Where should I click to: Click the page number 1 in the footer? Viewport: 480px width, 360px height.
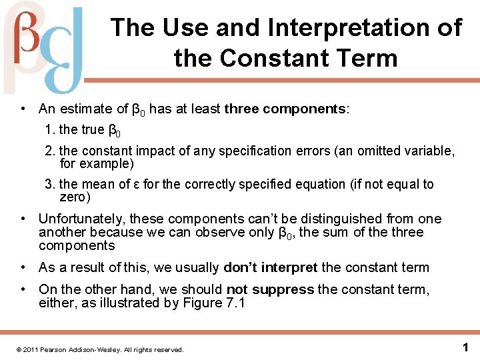coord(465,347)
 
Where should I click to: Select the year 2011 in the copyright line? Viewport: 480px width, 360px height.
coord(31,349)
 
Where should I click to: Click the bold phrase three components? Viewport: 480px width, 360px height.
coord(285,109)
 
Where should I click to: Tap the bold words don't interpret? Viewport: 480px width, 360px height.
coord(271,267)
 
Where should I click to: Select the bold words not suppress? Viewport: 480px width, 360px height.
coord(270,289)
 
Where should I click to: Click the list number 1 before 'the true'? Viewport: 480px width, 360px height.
coord(49,129)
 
